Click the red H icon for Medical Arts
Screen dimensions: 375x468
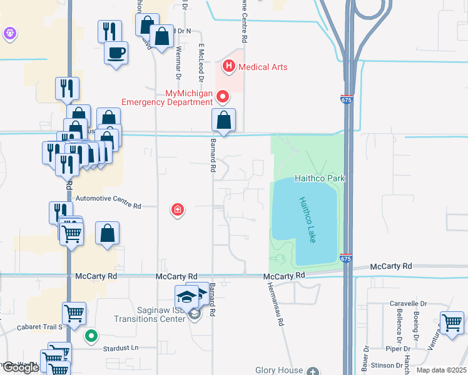point(229,66)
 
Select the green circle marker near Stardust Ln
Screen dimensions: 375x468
point(91,336)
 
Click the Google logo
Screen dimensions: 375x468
point(20,368)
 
